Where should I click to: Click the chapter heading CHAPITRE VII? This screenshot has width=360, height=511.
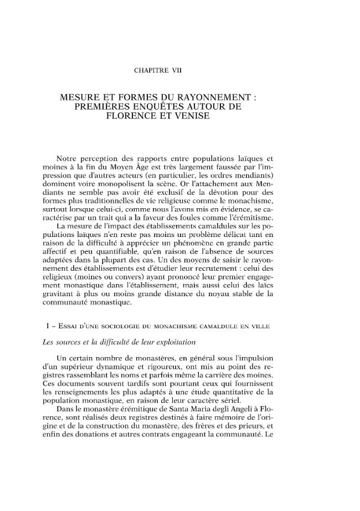tap(158, 70)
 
